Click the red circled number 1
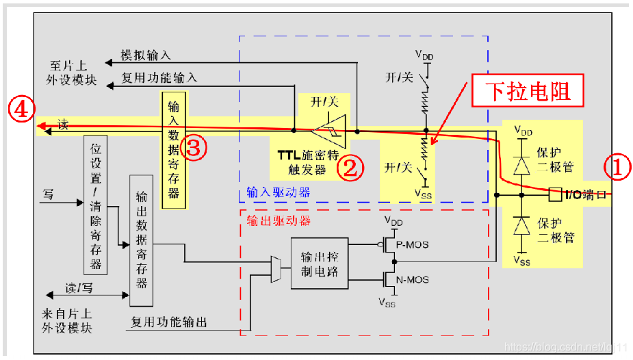pyautogui.click(x=616, y=168)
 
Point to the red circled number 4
pyautogui.click(x=21, y=110)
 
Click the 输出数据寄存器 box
pyautogui.click(x=141, y=240)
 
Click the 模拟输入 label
pyautogui.click(x=146, y=55)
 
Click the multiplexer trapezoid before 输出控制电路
pyautogui.click(x=276, y=269)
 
